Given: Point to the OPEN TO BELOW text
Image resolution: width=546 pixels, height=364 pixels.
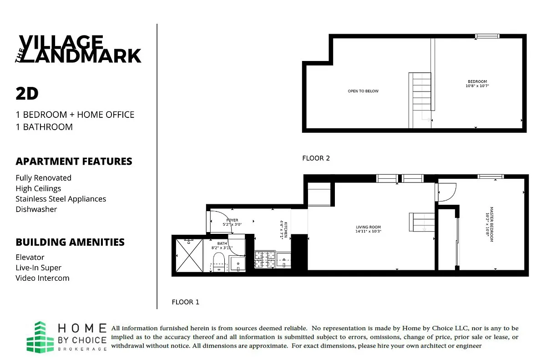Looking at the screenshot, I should tap(363, 91).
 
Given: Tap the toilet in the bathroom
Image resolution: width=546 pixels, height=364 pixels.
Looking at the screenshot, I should tap(219, 262).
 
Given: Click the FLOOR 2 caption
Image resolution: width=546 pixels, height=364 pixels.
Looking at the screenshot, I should tap(316, 158).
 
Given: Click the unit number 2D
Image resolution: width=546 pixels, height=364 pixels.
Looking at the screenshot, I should tap(27, 94).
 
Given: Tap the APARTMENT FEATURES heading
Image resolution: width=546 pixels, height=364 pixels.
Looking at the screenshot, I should tap(74, 162).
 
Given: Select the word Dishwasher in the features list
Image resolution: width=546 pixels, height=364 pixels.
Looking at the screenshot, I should tap(36, 209).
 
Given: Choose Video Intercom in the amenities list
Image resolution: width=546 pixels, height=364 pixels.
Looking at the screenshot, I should tap(42, 278).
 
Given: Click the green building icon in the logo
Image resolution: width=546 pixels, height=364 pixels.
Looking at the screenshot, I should tap(43, 337).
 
